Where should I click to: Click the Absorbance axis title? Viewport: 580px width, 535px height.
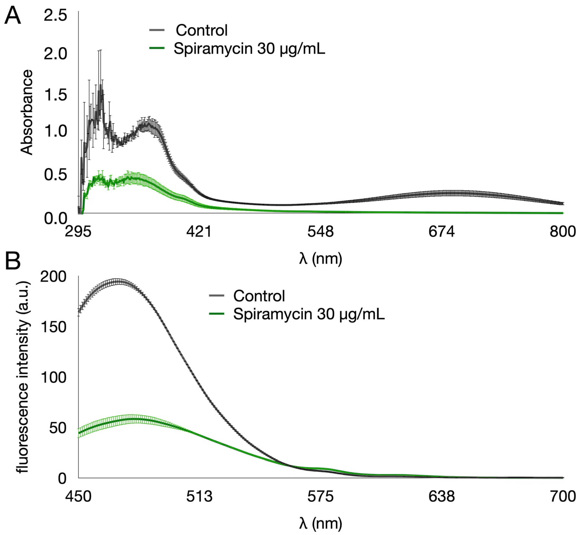(27, 112)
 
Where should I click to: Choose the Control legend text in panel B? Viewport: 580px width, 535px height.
(259, 296)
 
